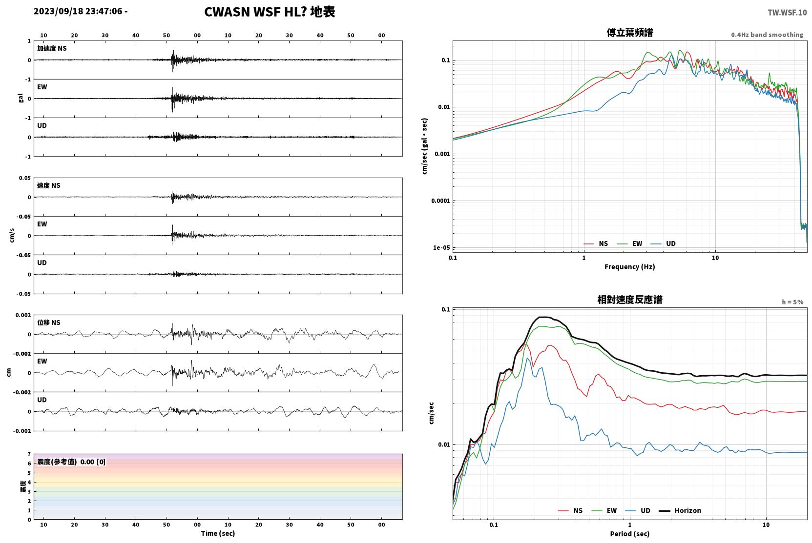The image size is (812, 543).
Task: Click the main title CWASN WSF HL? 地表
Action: point(270,12)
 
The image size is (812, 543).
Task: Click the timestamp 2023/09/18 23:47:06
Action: point(78,11)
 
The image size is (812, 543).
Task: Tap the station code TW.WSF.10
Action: point(787,13)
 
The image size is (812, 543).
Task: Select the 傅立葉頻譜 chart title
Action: point(630,33)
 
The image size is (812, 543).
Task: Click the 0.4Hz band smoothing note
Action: point(767,35)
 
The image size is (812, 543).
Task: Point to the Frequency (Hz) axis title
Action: point(630,267)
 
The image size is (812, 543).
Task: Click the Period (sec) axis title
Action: point(630,534)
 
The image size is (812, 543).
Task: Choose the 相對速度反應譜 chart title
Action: point(630,300)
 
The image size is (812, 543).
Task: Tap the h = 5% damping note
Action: point(792,302)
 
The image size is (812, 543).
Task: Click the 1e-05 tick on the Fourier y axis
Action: point(441,248)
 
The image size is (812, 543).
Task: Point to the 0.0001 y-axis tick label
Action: point(440,201)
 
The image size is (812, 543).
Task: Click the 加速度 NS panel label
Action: point(52,48)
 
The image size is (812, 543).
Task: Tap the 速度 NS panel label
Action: point(48,186)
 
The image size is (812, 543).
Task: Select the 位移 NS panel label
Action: point(48,323)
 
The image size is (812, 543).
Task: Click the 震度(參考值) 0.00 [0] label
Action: point(71,462)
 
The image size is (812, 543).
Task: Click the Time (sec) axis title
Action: point(218,534)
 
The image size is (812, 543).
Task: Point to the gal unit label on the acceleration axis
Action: point(21,98)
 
